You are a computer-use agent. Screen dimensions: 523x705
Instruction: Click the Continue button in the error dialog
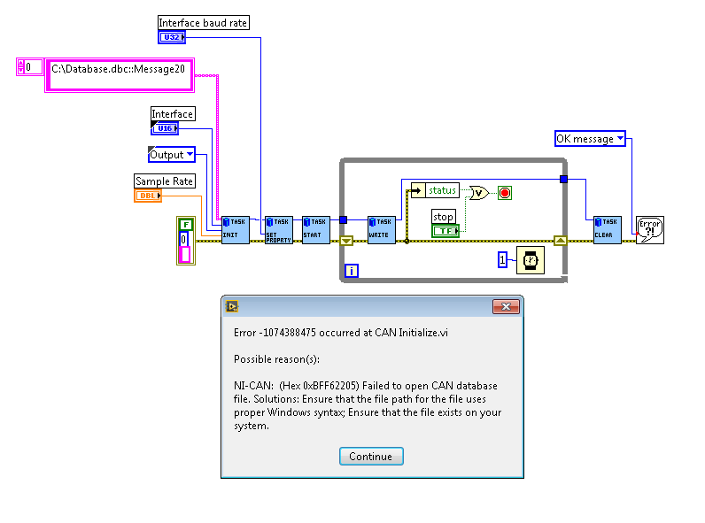coord(370,456)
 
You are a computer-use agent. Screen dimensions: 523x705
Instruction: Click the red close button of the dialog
coord(506,307)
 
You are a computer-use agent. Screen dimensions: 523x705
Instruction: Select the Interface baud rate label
coord(203,23)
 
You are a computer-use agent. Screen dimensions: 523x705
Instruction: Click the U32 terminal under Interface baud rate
coord(172,37)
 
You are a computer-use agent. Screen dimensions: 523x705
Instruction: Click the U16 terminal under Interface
coord(165,128)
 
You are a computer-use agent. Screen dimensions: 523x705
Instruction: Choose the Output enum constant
coord(171,155)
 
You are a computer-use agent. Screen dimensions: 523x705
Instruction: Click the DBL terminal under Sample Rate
coord(147,196)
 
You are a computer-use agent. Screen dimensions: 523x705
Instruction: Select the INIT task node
coord(235,229)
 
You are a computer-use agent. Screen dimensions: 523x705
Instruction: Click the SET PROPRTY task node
coord(279,229)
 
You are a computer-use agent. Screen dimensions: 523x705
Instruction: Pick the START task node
coord(315,229)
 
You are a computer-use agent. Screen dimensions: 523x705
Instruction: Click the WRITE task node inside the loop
coord(381,229)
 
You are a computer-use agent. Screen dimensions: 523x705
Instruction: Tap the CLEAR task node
coord(607,229)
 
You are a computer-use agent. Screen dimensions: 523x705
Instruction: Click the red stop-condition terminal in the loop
coord(505,192)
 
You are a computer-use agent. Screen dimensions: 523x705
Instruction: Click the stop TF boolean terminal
coord(445,231)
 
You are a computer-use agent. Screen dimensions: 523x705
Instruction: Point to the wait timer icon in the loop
coord(530,259)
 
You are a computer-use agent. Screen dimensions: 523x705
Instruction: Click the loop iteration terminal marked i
coord(352,271)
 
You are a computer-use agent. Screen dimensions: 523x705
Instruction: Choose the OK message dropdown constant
coord(590,139)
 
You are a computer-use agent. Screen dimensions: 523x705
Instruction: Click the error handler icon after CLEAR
coord(650,229)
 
